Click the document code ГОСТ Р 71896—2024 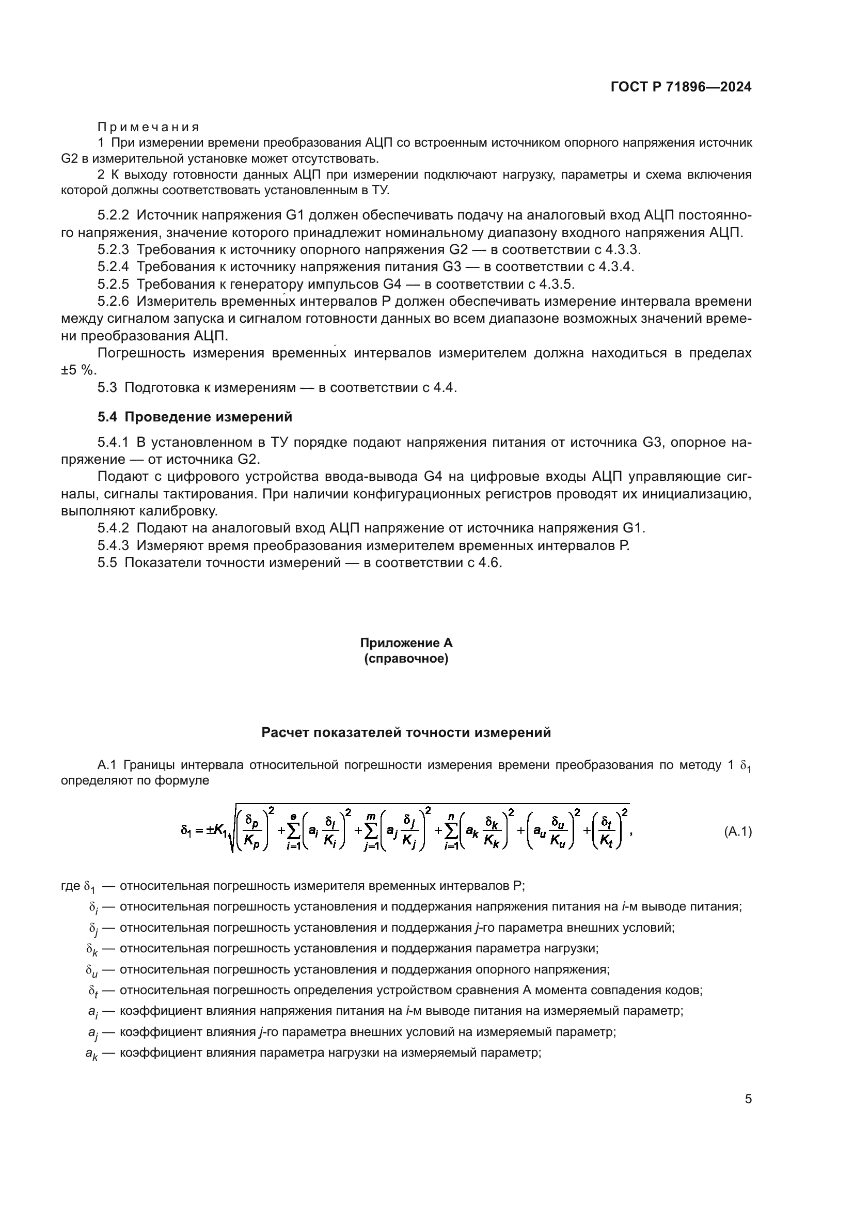(x=681, y=87)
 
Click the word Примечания (x=148, y=127)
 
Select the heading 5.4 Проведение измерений (x=195, y=417)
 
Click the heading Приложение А (x=406, y=643)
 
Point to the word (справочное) (x=406, y=658)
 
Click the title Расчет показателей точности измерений (x=406, y=732)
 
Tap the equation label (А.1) (x=738, y=832)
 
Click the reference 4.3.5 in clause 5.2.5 (x=556, y=285)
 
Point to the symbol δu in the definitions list (x=91, y=970)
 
